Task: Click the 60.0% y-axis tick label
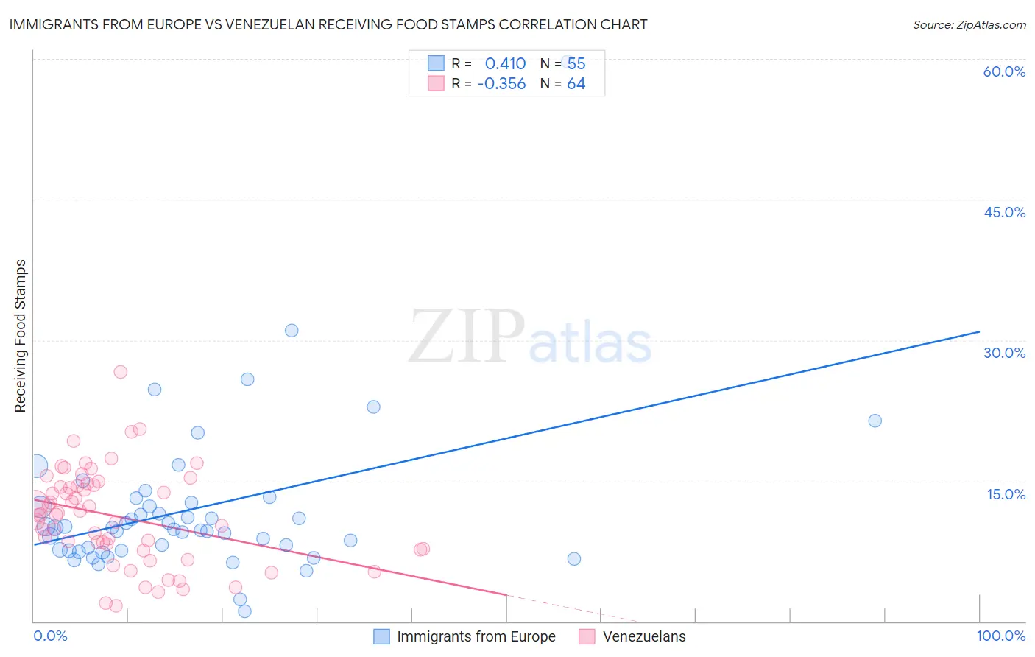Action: (1004, 71)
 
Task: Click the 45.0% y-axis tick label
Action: (1004, 212)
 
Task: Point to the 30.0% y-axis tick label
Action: (1004, 353)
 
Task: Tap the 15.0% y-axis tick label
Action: (1006, 493)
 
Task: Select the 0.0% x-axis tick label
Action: (50, 636)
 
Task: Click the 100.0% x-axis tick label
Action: (1000, 636)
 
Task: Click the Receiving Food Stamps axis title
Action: (21, 336)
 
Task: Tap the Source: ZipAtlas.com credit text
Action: (969, 24)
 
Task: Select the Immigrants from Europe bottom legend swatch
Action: (381, 636)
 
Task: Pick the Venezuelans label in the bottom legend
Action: (644, 636)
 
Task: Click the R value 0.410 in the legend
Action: (505, 64)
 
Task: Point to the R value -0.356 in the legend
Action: (501, 84)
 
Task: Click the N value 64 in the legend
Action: (576, 84)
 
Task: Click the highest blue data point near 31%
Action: (292, 331)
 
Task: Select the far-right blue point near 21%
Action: (875, 421)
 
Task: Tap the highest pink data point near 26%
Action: (121, 372)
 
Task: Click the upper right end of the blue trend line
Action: (979, 331)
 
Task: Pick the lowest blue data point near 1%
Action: (244, 611)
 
